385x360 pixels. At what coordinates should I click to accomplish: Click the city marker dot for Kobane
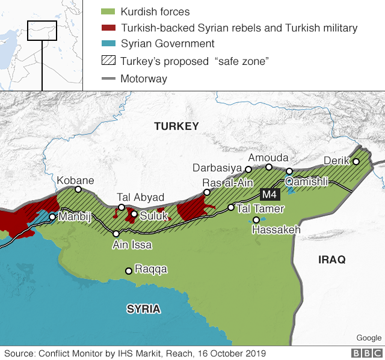click(x=78, y=189)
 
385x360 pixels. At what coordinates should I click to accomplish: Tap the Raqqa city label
click(x=151, y=270)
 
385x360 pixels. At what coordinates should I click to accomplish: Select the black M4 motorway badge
click(x=268, y=194)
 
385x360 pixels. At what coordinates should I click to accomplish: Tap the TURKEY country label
click(x=176, y=126)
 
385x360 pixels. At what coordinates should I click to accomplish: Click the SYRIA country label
click(x=143, y=309)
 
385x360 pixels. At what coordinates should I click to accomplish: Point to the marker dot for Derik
click(x=356, y=161)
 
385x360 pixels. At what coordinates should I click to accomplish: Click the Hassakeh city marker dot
click(x=256, y=220)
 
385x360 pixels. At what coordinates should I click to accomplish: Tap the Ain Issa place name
click(x=132, y=245)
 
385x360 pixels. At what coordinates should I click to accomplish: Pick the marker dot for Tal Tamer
click(x=230, y=207)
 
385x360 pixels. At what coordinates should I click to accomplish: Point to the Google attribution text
click(x=368, y=338)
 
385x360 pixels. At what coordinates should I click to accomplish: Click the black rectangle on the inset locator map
click(x=42, y=31)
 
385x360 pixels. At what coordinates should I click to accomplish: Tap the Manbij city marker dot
click(x=53, y=217)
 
